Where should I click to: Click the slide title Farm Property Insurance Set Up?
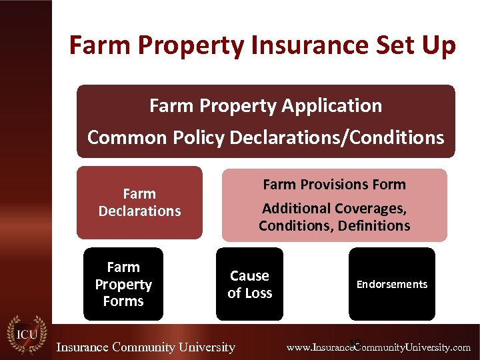(263, 46)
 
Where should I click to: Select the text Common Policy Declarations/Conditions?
(265, 137)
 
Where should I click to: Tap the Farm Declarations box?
(139, 203)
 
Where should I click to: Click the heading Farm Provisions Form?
(334, 184)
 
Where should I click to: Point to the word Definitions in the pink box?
(374, 226)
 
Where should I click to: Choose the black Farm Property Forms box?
(123, 284)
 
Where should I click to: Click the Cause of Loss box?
(249, 284)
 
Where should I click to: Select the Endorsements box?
(391, 284)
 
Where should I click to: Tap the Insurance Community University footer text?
(145, 347)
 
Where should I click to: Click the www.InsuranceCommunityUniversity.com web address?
(378, 347)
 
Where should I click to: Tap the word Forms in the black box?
(123, 301)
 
